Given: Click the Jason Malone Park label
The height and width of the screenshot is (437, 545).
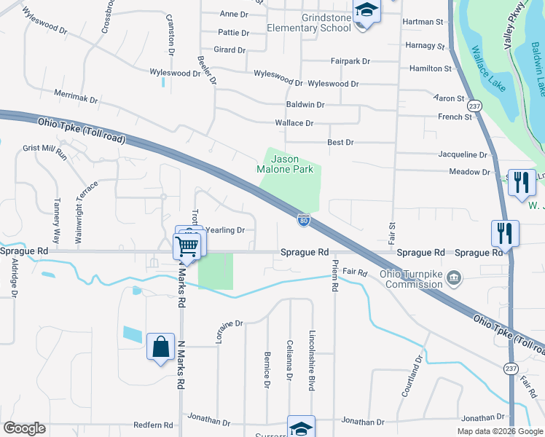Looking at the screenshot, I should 295,164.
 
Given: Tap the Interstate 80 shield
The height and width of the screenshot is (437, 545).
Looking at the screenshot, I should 304,219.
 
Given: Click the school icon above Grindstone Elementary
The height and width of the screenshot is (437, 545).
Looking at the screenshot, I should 366,11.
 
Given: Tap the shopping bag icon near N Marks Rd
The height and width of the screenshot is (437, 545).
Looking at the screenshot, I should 160,347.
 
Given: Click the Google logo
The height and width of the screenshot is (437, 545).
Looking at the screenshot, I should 24,428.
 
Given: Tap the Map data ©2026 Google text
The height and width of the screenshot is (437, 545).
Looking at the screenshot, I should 499,431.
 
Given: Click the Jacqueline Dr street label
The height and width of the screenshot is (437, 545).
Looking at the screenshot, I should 463,154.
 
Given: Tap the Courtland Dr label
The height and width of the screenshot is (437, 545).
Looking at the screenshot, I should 412,376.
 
